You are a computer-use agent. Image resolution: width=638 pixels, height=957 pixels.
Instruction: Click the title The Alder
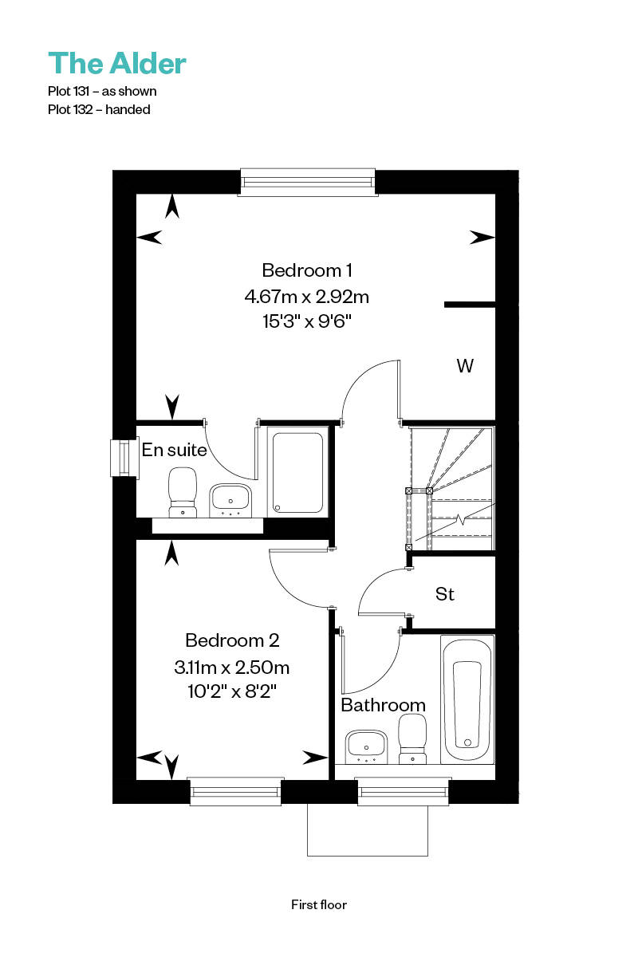[116, 63]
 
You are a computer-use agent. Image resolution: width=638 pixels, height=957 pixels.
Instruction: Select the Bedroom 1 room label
[307, 270]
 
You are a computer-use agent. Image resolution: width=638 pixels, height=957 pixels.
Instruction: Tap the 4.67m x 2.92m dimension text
[307, 296]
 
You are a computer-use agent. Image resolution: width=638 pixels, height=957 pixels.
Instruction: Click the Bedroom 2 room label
[232, 640]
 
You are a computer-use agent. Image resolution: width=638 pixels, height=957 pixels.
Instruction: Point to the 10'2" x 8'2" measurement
[232, 691]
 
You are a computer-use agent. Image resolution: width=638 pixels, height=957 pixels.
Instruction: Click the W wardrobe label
[465, 366]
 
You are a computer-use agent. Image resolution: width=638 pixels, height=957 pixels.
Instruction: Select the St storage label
[444, 594]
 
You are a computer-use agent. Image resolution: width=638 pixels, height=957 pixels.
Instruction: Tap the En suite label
[174, 450]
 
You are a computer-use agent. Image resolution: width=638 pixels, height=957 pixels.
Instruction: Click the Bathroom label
[384, 705]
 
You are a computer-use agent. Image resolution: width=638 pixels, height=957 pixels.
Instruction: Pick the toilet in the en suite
[183, 493]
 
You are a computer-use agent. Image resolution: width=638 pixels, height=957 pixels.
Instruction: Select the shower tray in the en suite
[297, 472]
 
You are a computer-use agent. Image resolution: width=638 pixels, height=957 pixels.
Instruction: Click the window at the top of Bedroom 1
[308, 183]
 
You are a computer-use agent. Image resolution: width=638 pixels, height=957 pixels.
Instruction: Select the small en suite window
[124, 458]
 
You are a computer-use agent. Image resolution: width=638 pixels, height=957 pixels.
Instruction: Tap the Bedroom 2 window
[235, 791]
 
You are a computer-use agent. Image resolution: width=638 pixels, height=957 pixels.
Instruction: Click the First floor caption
[319, 904]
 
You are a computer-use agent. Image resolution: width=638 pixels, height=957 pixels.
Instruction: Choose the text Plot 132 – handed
[99, 110]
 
